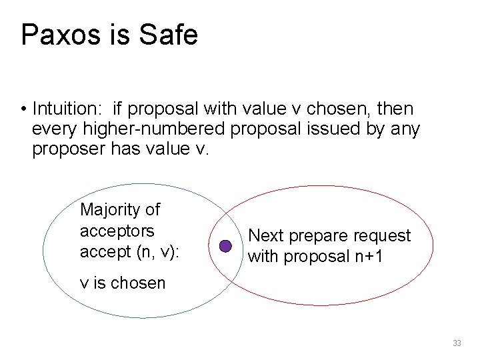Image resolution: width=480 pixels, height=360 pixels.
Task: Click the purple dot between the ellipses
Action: [x=225, y=246]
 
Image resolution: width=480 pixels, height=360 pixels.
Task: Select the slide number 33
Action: [x=457, y=343]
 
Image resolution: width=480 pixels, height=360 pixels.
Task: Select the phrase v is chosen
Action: [x=123, y=283]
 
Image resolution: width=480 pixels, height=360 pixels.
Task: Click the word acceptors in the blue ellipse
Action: [x=117, y=231]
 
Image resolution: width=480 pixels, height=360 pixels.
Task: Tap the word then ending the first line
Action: [x=395, y=108]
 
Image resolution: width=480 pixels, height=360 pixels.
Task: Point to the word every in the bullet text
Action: [x=51, y=129]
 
